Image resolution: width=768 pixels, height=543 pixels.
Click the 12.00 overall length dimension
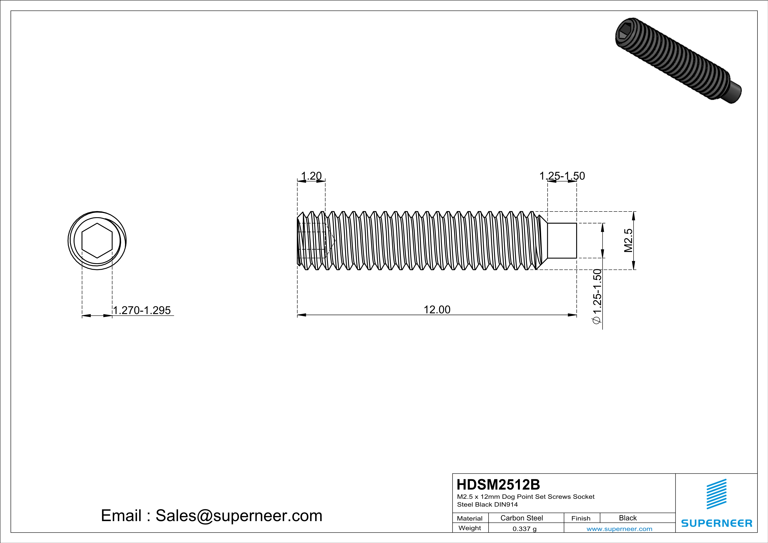437,310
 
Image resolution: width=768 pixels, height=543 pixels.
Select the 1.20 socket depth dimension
311,176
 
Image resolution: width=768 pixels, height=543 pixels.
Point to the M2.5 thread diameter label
628,240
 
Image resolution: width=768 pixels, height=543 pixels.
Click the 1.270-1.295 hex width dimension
142,310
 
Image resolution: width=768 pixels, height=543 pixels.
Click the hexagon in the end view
97,240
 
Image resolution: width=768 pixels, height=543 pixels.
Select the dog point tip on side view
562,240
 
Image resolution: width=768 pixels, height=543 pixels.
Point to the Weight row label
470,528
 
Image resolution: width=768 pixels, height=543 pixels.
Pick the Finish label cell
581,518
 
